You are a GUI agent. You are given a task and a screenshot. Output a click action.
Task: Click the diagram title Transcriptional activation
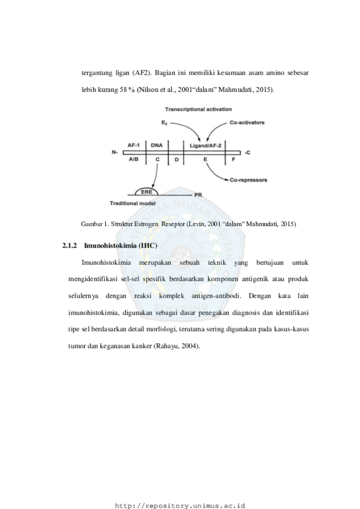198,110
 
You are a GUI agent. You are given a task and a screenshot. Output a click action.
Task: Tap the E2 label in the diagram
164,123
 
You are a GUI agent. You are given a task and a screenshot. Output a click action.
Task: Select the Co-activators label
247,123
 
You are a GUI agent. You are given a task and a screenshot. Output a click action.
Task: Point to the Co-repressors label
248,180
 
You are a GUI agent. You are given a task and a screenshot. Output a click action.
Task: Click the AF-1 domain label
133,146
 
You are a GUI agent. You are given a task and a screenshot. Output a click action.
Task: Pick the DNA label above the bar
157,146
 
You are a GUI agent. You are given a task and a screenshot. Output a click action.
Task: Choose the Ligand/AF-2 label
205,146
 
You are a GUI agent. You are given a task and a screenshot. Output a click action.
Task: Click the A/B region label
133,160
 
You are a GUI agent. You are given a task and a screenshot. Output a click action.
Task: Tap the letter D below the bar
177,160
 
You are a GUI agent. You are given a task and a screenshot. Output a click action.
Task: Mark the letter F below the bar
233,160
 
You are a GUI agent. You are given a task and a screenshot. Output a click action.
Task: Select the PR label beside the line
198,195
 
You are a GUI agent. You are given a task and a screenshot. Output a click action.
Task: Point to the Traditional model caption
133,203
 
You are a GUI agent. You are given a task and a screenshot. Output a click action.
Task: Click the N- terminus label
115,152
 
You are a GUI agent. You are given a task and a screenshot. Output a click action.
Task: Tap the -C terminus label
248,152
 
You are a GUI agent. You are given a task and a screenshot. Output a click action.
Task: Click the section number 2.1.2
70,246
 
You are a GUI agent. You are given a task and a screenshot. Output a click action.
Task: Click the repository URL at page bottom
180,506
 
